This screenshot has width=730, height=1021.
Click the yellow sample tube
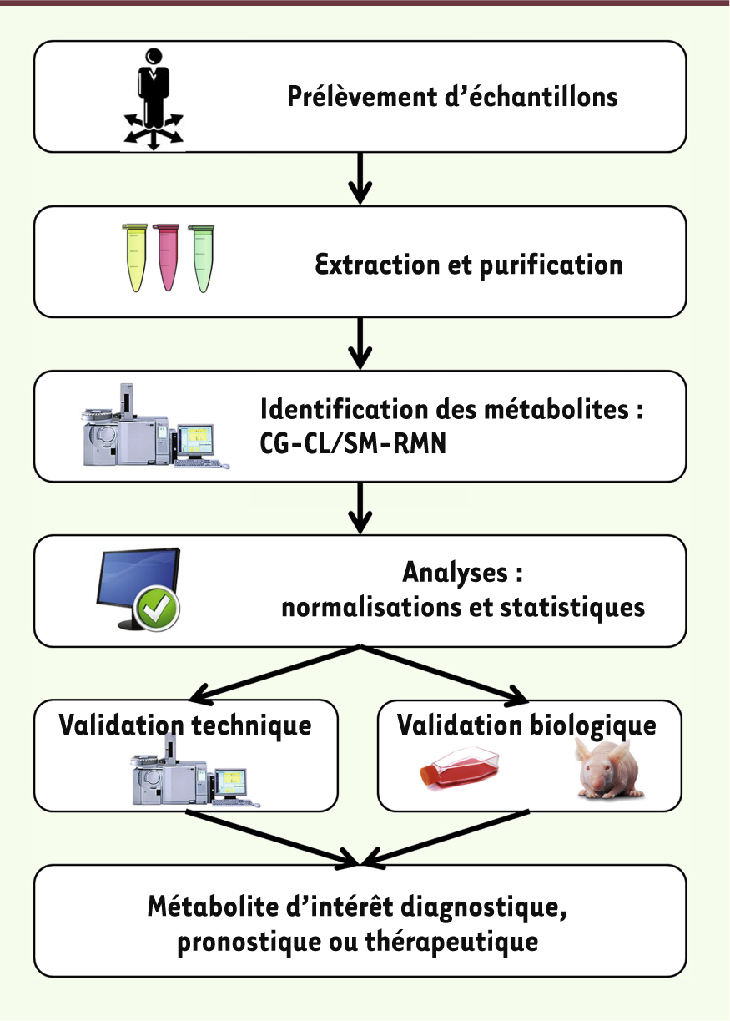click(135, 258)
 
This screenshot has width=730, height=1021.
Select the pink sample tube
click(167, 257)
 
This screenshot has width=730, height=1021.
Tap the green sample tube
click(202, 259)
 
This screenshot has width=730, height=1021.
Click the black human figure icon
click(154, 99)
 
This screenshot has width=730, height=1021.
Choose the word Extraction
click(378, 265)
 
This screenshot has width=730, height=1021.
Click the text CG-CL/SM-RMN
click(353, 443)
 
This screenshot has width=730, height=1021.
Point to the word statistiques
click(572, 609)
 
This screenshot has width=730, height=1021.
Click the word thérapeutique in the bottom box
click(451, 942)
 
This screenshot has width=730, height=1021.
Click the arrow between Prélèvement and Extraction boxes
click(360, 178)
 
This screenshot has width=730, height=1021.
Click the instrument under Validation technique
click(196, 772)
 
